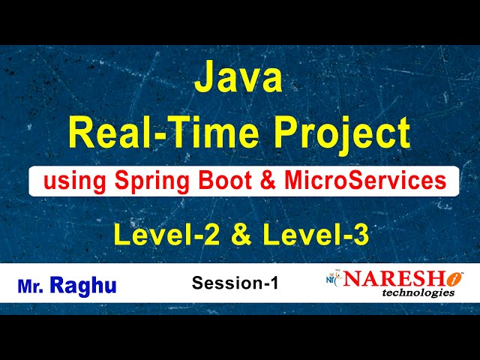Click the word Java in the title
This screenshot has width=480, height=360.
[239, 79]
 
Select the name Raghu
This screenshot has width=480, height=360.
[83, 286]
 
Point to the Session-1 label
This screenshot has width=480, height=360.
[235, 283]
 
